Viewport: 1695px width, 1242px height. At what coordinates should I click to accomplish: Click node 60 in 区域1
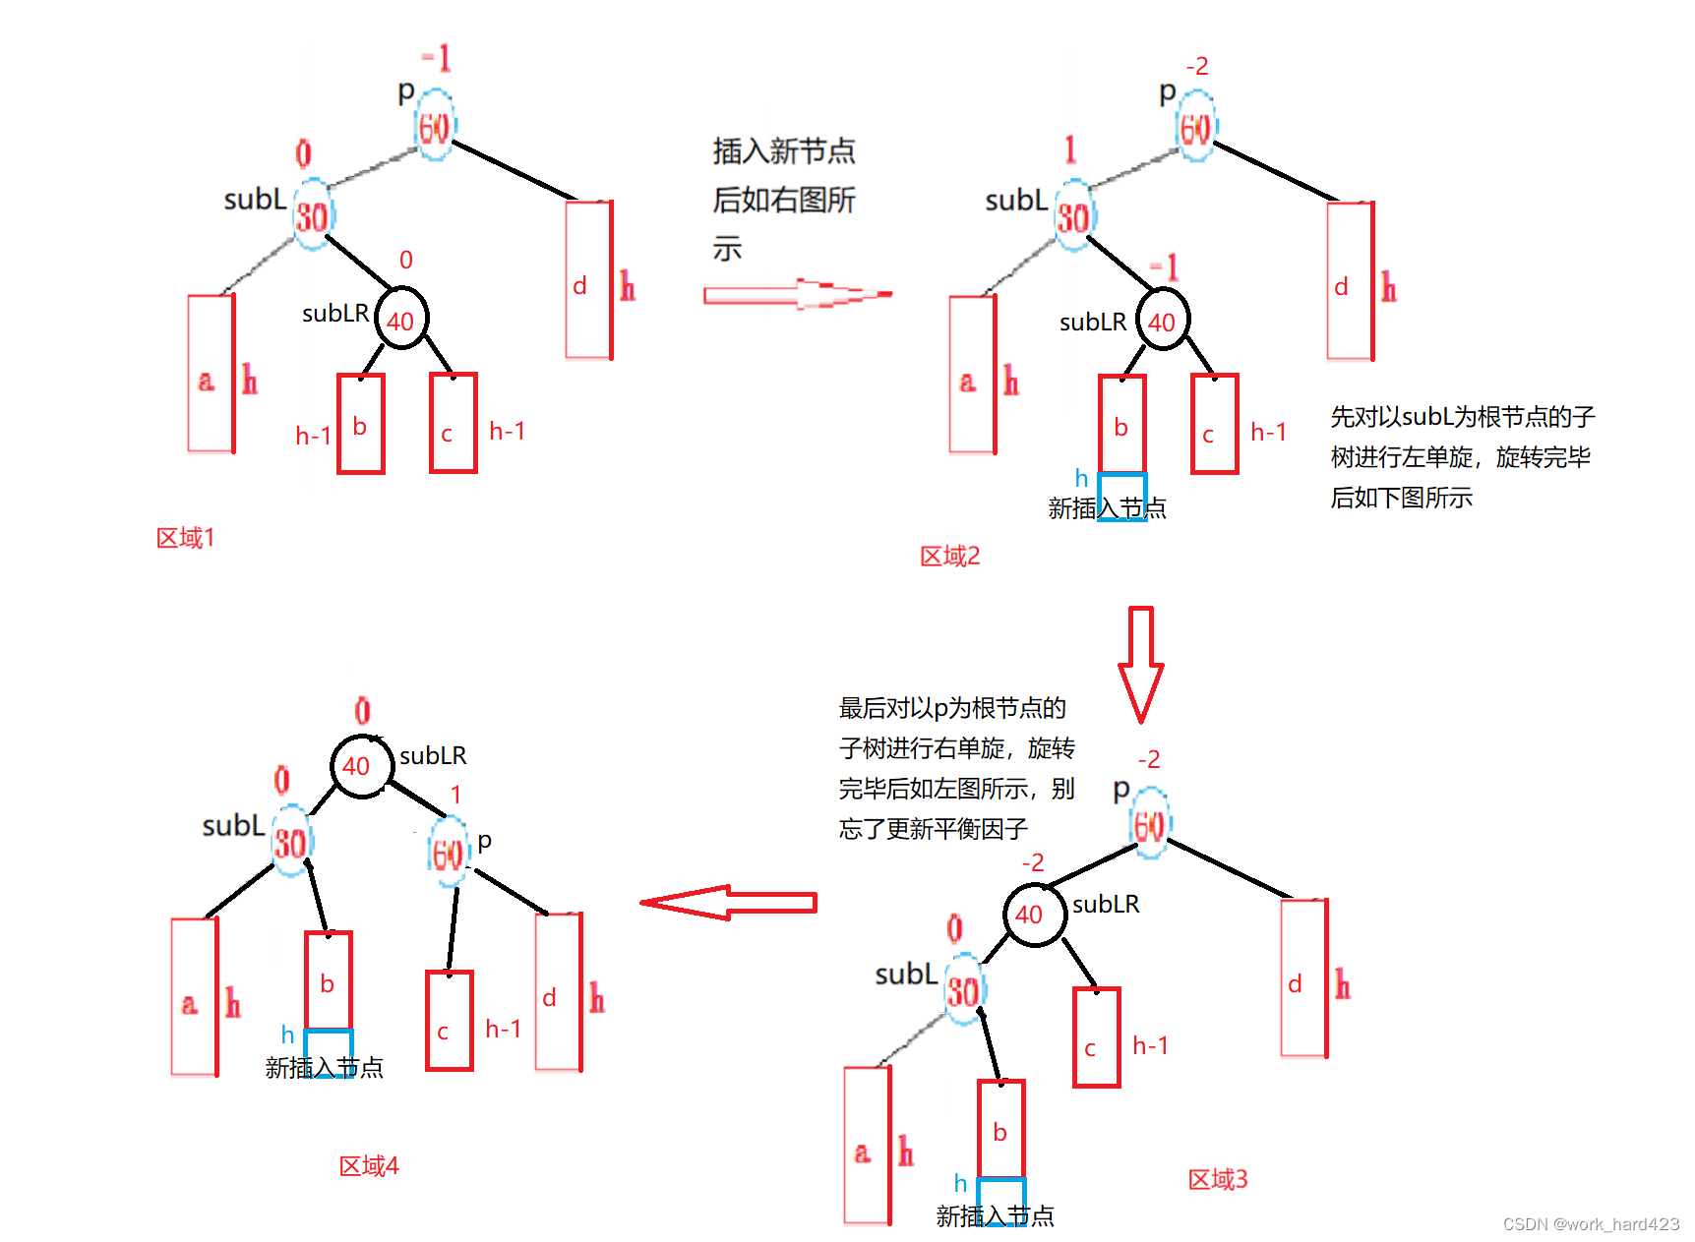click(x=434, y=126)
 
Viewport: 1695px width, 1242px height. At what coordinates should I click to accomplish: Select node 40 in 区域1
click(x=400, y=320)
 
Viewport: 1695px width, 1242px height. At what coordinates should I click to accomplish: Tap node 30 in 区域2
click(x=1073, y=216)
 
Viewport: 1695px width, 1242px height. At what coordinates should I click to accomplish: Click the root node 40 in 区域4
click(x=361, y=766)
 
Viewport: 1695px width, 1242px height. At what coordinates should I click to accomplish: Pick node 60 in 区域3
click(x=1149, y=824)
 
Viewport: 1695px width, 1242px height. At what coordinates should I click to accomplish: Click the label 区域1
click(x=185, y=538)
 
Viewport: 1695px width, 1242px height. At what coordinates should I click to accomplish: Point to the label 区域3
click(x=1217, y=1179)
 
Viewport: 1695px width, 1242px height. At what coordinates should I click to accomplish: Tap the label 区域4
click(x=369, y=1166)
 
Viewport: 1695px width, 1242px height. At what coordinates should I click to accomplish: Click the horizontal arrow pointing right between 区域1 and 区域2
click(x=797, y=294)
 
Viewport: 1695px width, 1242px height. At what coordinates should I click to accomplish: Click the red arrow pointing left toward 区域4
click(x=728, y=902)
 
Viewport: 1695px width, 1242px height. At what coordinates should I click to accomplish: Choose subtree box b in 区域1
click(x=360, y=424)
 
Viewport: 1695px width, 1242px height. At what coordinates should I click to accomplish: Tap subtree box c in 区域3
click(x=1096, y=1037)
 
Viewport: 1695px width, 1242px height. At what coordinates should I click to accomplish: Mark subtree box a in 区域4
click(x=194, y=997)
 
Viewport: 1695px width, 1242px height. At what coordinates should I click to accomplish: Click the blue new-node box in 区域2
click(x=1121, y=497)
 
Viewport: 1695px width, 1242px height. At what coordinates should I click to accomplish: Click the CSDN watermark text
click(x=1591, y=1224)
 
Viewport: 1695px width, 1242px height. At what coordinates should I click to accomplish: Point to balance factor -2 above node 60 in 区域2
click(x=1197, y=67)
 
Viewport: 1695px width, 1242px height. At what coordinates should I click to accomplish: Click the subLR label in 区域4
click(x=433, y=755)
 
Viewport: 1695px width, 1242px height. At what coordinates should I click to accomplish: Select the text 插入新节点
click(x=784, y=151)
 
